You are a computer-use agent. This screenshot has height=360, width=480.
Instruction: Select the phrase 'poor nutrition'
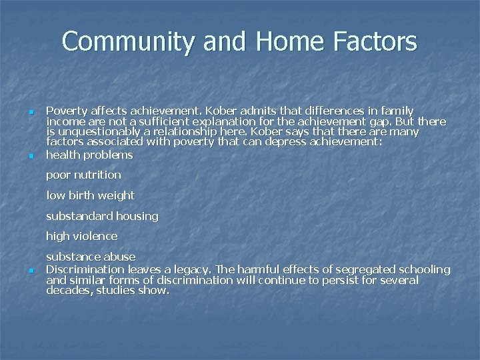point(83,175)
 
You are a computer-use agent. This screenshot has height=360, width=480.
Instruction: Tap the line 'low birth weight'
point(90,195)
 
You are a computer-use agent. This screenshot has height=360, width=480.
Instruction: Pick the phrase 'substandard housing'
point(102,216)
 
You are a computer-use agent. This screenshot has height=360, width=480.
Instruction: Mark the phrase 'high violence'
point(81,236)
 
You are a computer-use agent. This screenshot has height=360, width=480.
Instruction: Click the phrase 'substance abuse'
point(91,257)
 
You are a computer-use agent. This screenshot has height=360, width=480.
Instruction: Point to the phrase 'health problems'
point(89,155)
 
